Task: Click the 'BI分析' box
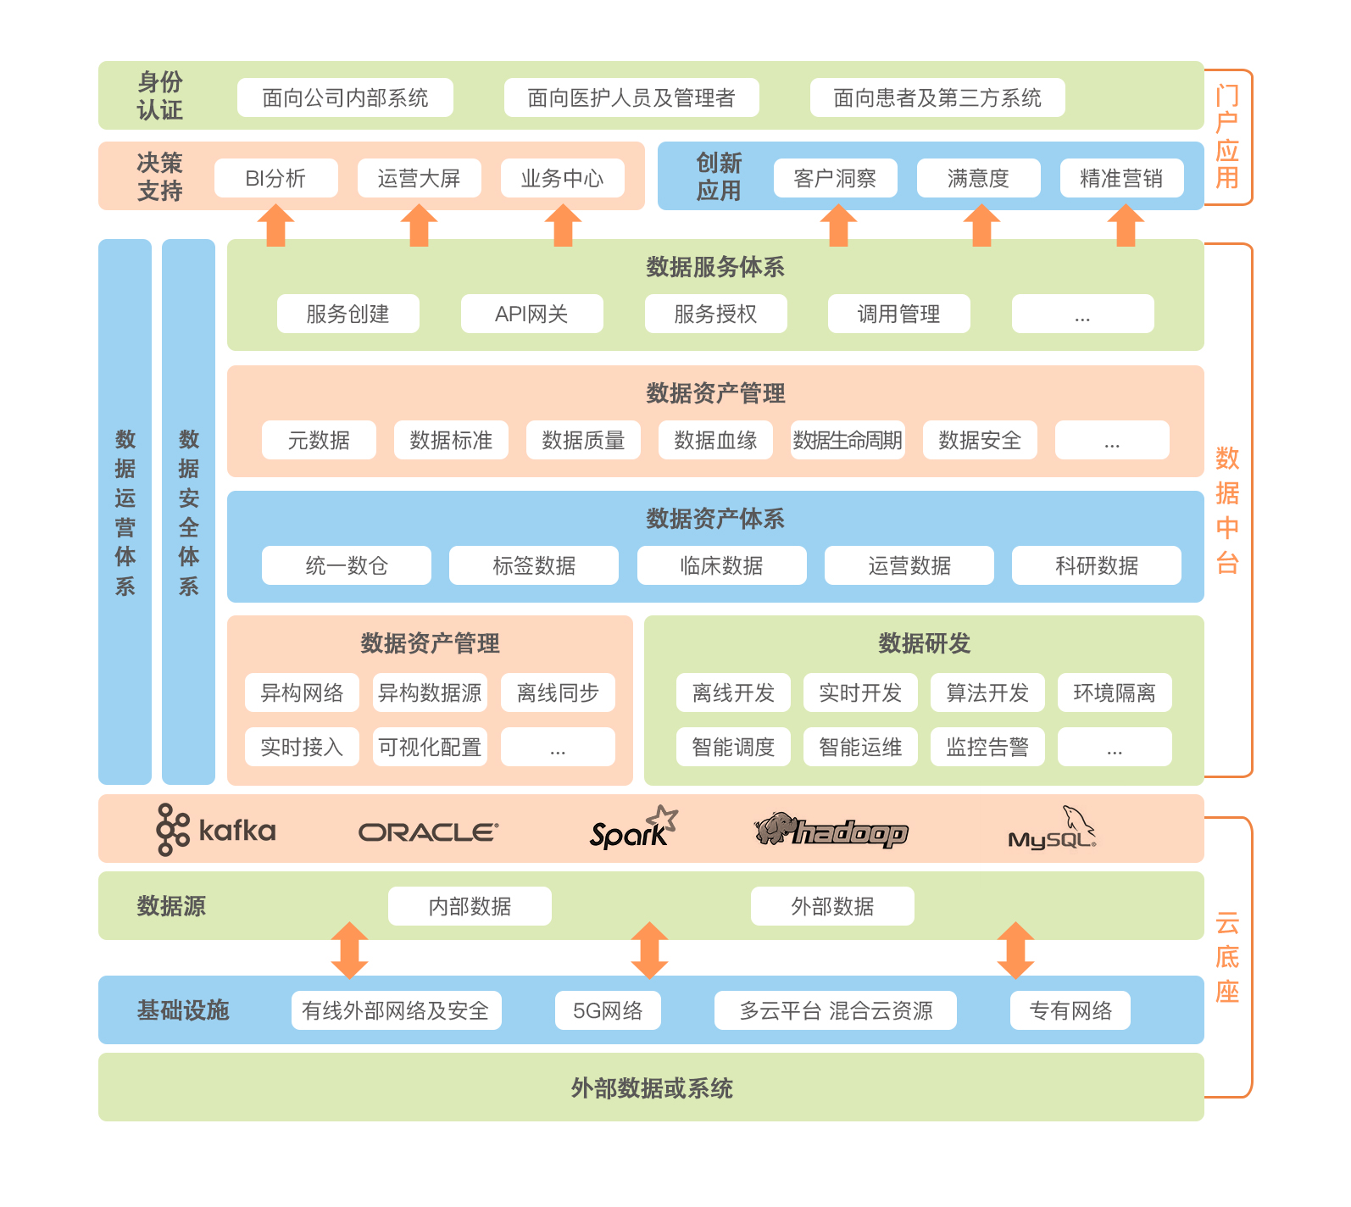[x=275, y=178]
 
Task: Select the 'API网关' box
[x=531, y=314]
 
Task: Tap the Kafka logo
[x=216, y=830]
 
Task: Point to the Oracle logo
[x=428, y=832]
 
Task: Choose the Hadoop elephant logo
[x=831, y=831]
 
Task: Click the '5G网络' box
[x=608, y=1010]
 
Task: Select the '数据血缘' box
[x=715, y=440]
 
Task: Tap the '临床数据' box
[x=721, y=565]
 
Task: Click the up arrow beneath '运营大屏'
[x=419, y=225]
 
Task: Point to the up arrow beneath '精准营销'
[x=1126, y=225]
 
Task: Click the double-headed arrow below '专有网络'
[x=1015, y=950]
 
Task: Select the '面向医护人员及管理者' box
[x=631, y=97]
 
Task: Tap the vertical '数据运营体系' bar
[x=125, y=511]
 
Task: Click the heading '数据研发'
[x=924, y=643]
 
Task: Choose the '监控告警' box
[x=987, y=747]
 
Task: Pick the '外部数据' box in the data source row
[x=832, y=906]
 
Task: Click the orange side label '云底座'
[x=1227, y=957]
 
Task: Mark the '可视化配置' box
[x=430, y=747]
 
